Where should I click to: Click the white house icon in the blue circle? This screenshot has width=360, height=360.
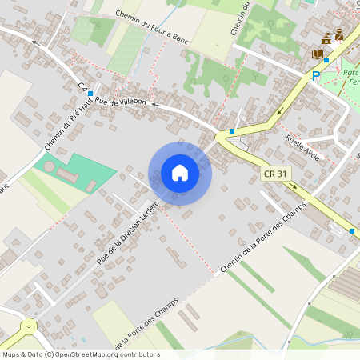180,173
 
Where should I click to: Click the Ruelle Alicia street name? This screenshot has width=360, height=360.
302,147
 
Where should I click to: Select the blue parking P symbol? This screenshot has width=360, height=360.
316,75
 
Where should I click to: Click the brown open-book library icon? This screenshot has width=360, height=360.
317,54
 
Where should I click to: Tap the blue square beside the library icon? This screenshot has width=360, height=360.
326,59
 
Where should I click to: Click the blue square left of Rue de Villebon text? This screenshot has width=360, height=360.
90,94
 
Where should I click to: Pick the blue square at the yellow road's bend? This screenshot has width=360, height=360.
231,130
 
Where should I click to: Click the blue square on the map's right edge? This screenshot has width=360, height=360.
351,230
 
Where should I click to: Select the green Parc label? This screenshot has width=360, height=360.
350,71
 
